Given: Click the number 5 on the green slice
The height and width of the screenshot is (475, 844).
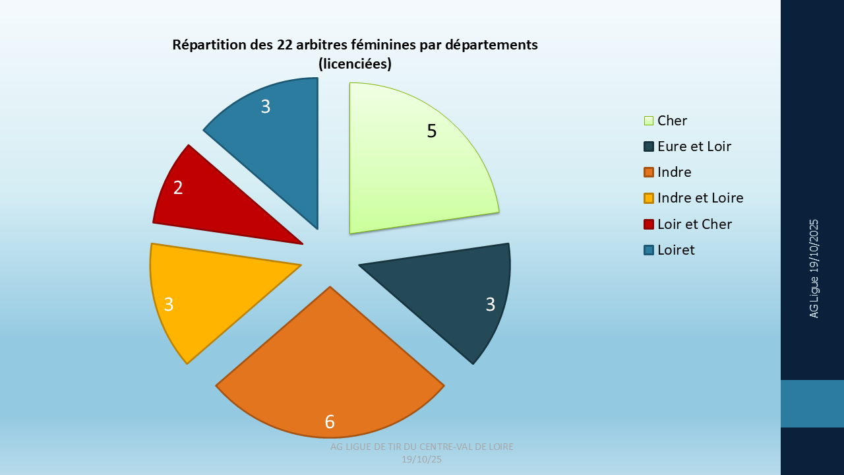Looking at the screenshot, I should pos(431,131).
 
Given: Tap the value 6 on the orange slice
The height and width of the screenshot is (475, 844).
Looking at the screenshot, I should pos(330,422).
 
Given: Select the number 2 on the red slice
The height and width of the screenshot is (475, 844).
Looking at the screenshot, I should pos(178,187).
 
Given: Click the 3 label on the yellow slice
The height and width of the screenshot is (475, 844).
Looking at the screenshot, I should pos(169,304).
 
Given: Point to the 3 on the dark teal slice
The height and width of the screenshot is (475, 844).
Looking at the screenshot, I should pos(490,304).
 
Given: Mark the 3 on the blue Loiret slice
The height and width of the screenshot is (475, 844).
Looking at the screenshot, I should pos(265,106).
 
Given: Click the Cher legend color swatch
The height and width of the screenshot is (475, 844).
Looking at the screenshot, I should pos(649,121).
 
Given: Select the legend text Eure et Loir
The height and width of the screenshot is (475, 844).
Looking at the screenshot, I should pos(694,146).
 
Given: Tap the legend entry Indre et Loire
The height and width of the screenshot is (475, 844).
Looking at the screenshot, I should pos(700,198).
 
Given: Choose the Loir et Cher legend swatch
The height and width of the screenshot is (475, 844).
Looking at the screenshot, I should pos(649,224).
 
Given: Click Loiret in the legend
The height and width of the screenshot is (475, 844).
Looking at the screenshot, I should pos(676,250).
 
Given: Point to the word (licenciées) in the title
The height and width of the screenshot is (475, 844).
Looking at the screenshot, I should pos(355,64).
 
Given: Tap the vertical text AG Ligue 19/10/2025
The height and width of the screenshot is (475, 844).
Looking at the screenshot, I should pos(814,269).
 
